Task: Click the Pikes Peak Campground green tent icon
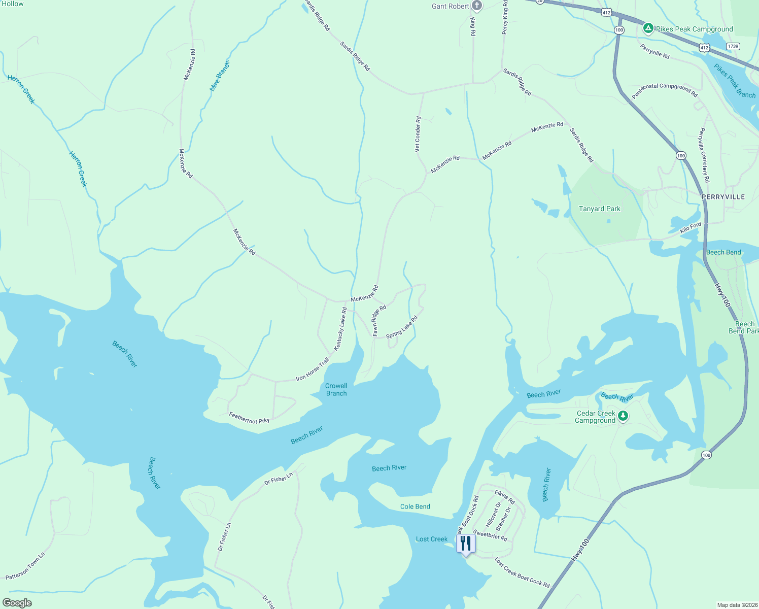pyautogui.click(x=648, y=28)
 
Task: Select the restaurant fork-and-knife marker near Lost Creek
pyautogui.click(x=466, y=544)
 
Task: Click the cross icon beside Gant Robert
pyautogui.click(x=476, y=6)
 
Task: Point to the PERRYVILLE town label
pyautogui.click(x=723, y=197)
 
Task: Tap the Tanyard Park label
pyautogui.click(x=599, y=209)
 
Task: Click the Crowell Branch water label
pyautogui.click(x=336, y=389)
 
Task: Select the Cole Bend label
pyautogui.click(x=415, y=506)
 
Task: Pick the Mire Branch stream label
pyautogui.click(x=220, y=76)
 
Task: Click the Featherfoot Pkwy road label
pyautogui.click(x=249, y=418)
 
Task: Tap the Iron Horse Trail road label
pyautogui.click(x=313, y=369)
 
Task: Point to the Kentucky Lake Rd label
pyautogui.click(x=340, y=329)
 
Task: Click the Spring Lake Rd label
pyautogui.click(x=402, y=327)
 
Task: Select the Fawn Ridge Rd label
pyautogui.click(x=379, y=320)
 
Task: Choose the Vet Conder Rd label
pyautogui.click(x=418, y=134)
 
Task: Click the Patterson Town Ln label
pyautogui.click(x=25, y=566)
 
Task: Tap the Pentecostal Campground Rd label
pyautogui.click(x=664, y=90)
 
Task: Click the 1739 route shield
pyautogui.click(x=733, y=46)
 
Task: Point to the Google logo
pyautogui.click(x=17, y=603)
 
